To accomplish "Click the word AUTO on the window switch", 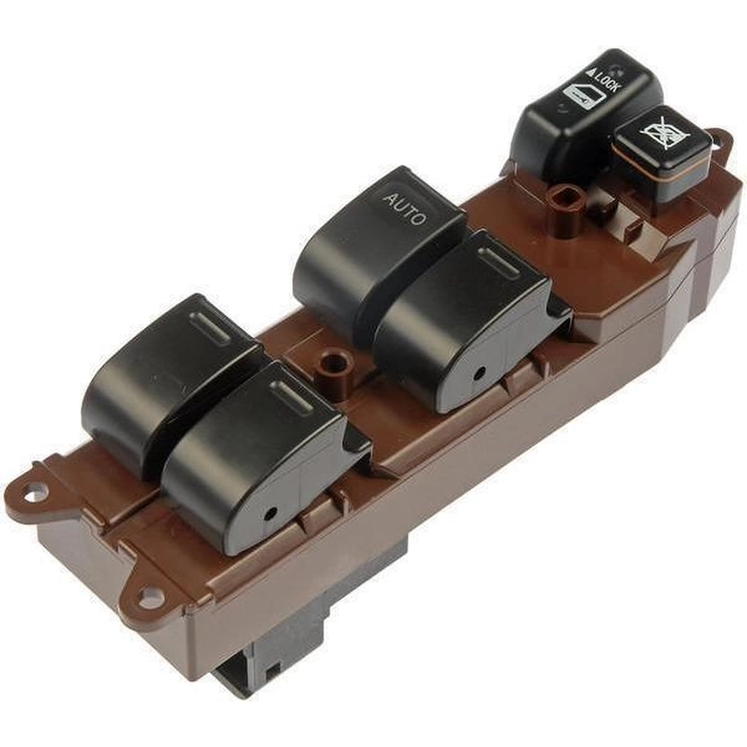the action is [404, 209].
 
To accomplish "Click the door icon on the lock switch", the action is [583, 97].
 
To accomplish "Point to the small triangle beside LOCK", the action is [591, 73].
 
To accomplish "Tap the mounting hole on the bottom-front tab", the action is [149, 597].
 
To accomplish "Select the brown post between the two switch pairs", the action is [333, 369].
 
